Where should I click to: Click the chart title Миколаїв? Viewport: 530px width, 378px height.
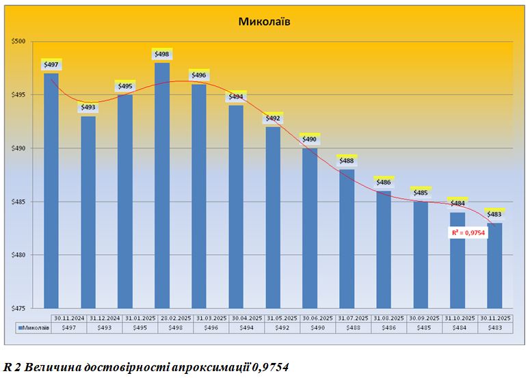click(265, 21)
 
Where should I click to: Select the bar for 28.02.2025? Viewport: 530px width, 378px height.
click(162, 185)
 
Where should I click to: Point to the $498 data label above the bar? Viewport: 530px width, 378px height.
click(162, 54)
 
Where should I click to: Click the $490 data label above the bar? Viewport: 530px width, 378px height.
click(310, 139)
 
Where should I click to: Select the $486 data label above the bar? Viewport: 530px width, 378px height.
click(384, 183)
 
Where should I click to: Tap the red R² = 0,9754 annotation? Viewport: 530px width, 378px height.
click(468, 233)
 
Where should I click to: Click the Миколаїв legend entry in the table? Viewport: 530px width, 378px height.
click(34, 328)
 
